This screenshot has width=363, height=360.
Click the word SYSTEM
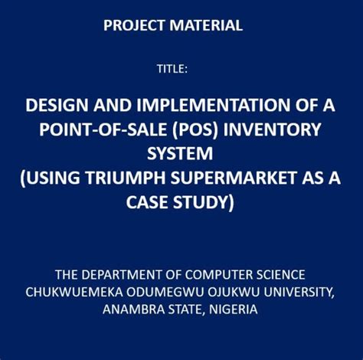(x=181, y=154)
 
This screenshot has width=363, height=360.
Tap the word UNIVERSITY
(x=295, y=292)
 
